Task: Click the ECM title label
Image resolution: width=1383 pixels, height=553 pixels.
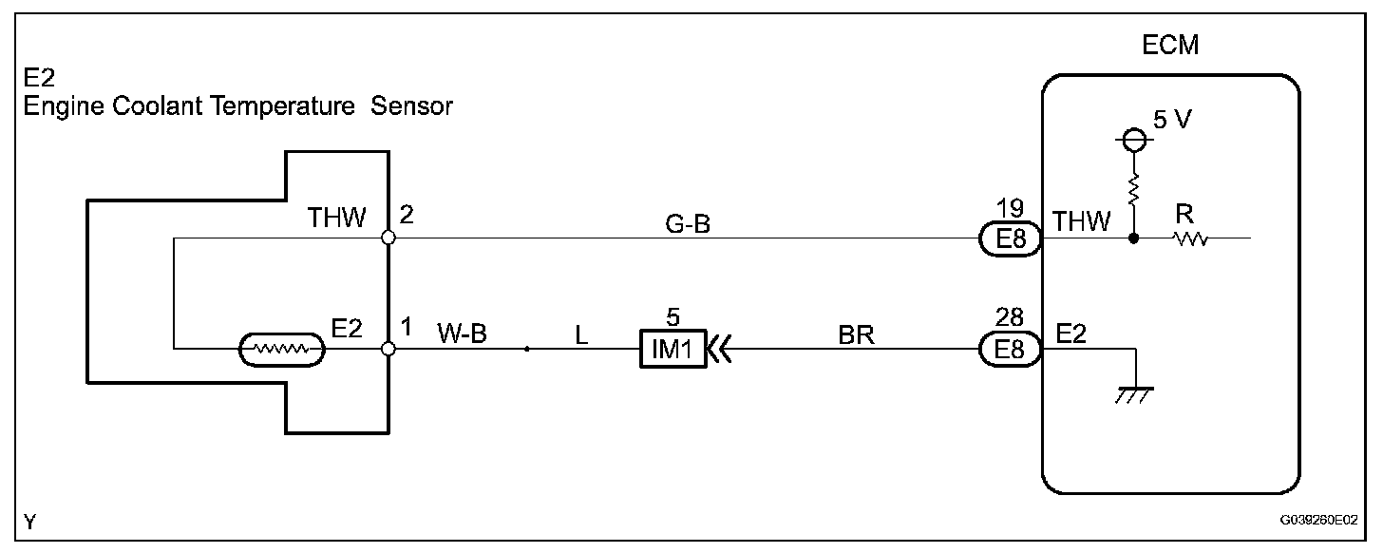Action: click(1171, 46)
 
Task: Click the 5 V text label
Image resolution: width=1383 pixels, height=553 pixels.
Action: click(1171, 123)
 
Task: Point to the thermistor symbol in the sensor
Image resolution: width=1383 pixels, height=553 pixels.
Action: click(282, 351)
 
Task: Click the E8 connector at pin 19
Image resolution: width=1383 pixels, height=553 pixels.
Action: click(1010, 239)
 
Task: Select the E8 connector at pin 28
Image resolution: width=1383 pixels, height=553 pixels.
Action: click(1010, 351)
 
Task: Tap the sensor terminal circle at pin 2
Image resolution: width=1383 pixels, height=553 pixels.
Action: click(388, 238)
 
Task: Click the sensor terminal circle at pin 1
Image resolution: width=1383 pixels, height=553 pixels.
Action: click(388, 350)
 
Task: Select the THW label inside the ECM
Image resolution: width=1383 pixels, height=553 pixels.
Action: click(1081, 222)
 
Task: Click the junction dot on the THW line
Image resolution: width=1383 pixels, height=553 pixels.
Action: click(1132, 239)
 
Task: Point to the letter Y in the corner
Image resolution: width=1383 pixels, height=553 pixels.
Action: click(30, 521)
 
